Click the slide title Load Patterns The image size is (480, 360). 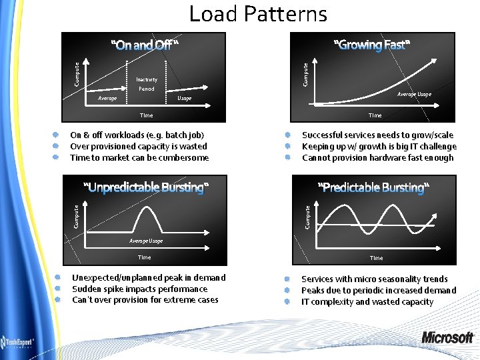[258, 14]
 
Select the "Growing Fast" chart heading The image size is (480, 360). [372, 45]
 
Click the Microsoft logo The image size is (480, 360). [447, 337]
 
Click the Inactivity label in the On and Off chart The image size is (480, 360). [147, 80]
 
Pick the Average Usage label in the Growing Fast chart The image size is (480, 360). [414, 94]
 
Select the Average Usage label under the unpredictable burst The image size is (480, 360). [145, 241]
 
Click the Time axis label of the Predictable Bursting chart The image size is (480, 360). [376, 258]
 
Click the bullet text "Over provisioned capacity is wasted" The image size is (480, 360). [139, 147]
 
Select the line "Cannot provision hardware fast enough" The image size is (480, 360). [377, 158]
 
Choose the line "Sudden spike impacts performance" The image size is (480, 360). [139, 289]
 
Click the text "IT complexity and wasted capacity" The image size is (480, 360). [367, 302]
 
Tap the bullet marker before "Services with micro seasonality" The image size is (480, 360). [287, 279]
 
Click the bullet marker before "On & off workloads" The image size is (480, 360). [57, 135]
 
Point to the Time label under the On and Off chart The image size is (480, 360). [146, 115]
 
